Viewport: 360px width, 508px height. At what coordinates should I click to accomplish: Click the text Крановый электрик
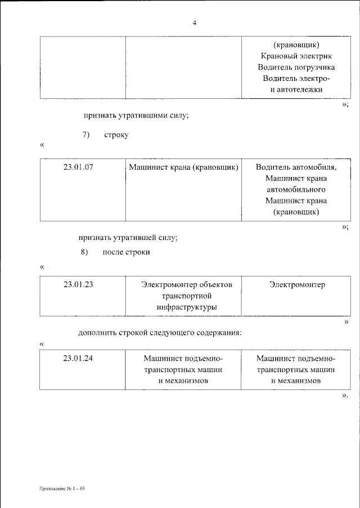tap(296, 56)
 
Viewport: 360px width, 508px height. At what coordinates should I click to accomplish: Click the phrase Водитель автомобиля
tap(296, 167)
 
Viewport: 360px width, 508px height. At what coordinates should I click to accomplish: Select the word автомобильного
tap(296, 189)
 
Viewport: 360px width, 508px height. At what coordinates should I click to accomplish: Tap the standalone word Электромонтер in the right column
tap(296, 285)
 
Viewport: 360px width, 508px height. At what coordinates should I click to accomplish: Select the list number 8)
tap(85, 252)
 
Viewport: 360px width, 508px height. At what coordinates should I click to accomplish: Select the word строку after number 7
tap(116, 135)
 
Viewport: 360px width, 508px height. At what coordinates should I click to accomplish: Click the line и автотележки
tap(296, 90)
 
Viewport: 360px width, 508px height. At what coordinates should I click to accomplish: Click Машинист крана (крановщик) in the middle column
tap(183, 167)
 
